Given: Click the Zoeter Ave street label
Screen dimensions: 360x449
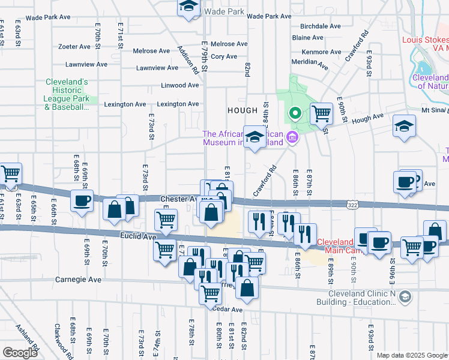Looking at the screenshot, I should [74, 46].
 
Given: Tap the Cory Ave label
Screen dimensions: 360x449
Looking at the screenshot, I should [224, 56].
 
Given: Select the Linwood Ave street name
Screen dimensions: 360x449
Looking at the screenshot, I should [179, 85].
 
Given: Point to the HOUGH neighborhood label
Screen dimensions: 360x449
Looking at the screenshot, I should [242, 110].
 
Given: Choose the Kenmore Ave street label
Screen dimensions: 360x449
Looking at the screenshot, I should [322, 52].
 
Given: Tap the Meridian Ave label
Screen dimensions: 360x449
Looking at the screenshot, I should [310, 62].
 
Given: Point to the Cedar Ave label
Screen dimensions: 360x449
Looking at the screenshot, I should [228, 310].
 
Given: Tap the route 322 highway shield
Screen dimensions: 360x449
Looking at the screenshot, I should [354, 205].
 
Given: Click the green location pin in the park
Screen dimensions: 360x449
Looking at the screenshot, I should [294, 112].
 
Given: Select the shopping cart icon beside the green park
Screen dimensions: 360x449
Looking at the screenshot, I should [321, 113].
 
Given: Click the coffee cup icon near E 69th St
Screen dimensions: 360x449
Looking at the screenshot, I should [82, 200].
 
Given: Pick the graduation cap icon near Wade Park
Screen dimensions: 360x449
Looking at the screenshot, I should [188, 7].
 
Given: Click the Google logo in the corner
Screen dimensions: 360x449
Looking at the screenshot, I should [20, 352].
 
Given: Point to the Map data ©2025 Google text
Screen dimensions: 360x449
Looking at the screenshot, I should [411, 355].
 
